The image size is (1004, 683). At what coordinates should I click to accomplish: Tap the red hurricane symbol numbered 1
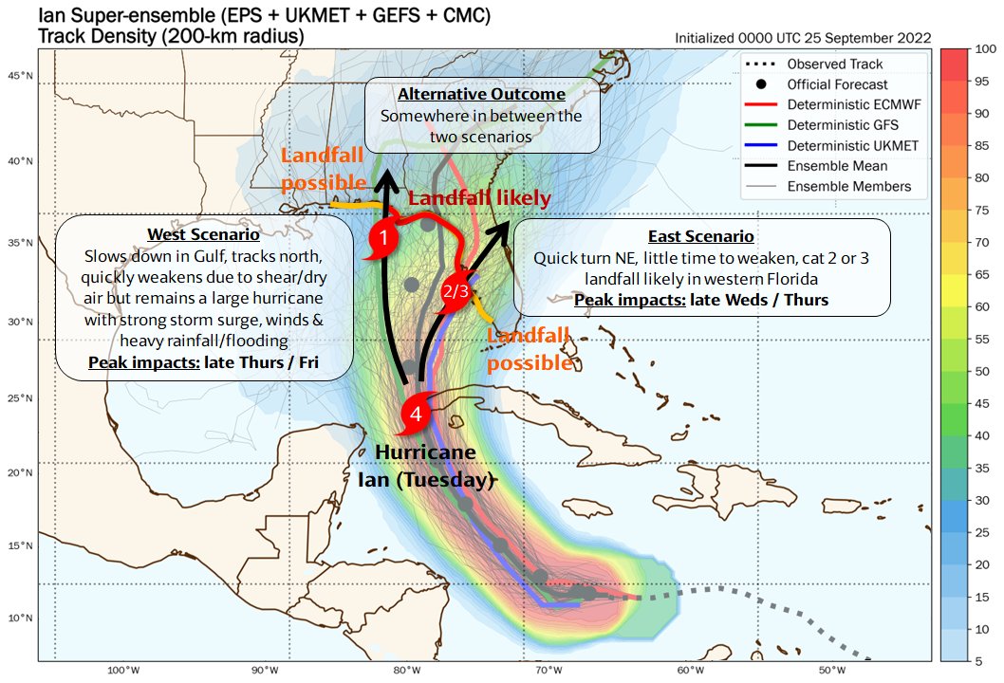381,239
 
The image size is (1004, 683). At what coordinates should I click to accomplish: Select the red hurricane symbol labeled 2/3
456,290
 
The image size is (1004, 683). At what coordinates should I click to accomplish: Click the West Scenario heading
203,235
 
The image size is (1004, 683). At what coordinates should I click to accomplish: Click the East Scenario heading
701,236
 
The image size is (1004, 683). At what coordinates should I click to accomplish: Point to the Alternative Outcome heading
481,95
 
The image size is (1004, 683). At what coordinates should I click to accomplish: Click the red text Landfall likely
479,198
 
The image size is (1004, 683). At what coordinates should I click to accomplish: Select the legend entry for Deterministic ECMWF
848,104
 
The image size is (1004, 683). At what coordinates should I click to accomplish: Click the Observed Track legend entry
835,64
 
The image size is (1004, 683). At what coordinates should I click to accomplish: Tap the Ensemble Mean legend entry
834,166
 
